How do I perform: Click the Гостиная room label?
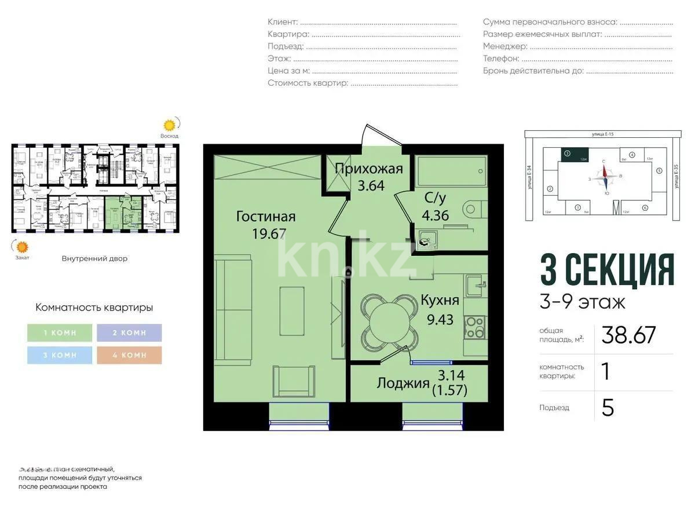(x=266, y=217)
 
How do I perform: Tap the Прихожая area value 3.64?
(x=371, y=187)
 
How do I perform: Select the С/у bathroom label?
(x=436, y=198)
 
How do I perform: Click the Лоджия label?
(x=403, y=383)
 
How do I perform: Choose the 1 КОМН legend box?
(x=60, y=332)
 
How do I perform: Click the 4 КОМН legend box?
(x=129, y=355)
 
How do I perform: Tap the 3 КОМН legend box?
(x=60, y=355)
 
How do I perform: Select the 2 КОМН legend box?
(x=129, y=332)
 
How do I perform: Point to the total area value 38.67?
(x=628, y=335)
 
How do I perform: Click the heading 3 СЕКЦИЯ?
(x=607, y=271)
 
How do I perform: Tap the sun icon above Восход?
(x=169, y=125)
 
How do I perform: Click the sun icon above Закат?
(x=22, y=247)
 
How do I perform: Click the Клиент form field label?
(x=283, y=22)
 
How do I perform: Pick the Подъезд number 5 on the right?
(x=608, y=408)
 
